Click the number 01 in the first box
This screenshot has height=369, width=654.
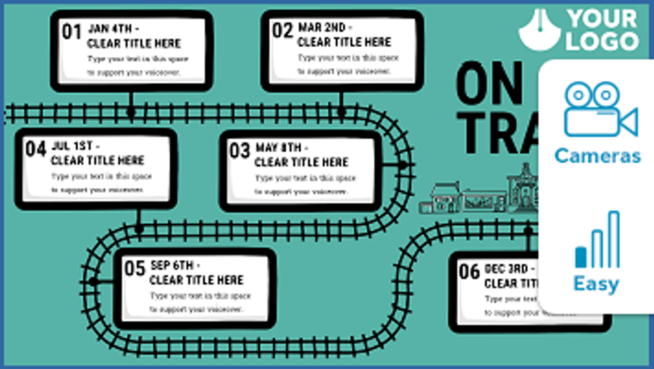[72, 31]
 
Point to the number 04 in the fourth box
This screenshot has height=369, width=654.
[35, 148]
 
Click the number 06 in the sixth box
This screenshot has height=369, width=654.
[469, 271]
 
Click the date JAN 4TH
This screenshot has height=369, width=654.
[113, 29]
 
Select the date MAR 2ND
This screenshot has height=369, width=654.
[325, 28]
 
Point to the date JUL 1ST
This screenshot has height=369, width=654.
[75, 146]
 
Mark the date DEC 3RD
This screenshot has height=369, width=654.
[508, 269]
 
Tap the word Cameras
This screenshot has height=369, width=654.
[597, 156]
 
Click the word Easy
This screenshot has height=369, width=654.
[596, 284]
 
